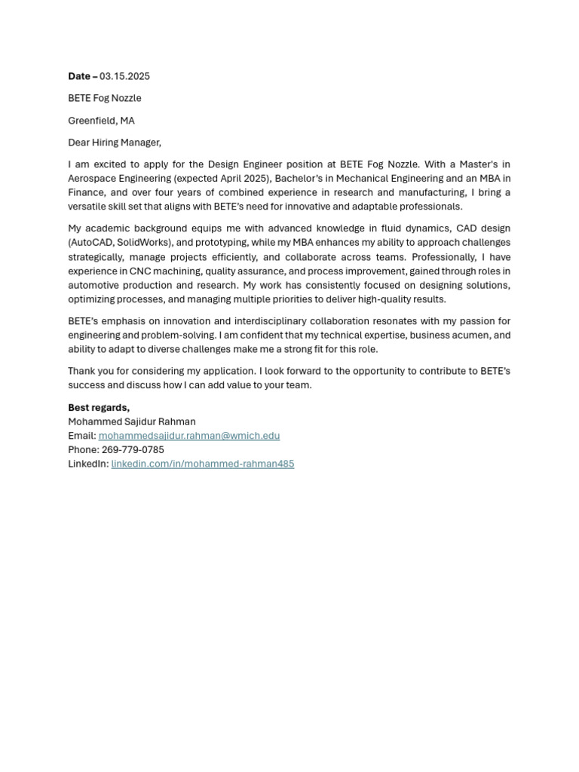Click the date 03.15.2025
tap(124, 76)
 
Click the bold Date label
tap(79, 76)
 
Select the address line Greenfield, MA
tap(101, 121)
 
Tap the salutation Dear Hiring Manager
tap(114, 142)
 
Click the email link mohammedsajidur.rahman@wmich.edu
tap(188, 436)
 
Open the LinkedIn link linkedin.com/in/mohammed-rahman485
tap(202, 464)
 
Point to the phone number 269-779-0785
tap(133, 450)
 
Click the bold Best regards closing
tap(98, 408)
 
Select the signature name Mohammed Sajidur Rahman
tap(131, 421)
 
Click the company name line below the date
tap(104, 98)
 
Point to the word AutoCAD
tap(91, 243)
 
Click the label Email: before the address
tap(81, 436)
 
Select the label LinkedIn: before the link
tap(88, 464)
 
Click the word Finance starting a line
tap(86, 192)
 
